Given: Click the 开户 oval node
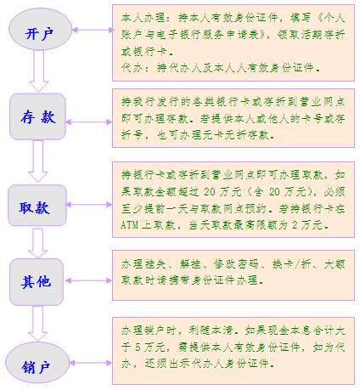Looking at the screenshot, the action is (40, 30).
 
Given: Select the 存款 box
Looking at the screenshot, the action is (38, 116).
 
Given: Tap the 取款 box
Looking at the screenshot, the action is (37, 205).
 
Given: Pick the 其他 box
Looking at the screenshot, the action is (37, 281).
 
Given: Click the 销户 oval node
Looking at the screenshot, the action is (37, 363).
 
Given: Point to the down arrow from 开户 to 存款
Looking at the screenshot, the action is (39, 71).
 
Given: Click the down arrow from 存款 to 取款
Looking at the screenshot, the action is (38, 161).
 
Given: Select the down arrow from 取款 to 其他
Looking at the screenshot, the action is (37, 243).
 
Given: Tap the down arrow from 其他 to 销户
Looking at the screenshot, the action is (37, 324).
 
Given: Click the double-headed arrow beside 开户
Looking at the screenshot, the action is (93, 30).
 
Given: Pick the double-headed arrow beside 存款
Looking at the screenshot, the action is (89, 122).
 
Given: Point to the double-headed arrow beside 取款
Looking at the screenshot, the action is (89, 205).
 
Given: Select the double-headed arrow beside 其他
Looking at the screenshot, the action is (88, 280).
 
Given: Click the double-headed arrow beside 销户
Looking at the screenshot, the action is (91, 363).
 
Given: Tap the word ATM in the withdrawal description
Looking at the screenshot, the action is (129, 225).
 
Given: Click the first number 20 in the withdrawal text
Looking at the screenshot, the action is (210, 192).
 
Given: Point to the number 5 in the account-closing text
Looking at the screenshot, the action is (138, 348).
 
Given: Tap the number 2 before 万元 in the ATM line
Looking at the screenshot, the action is (295, 225).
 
